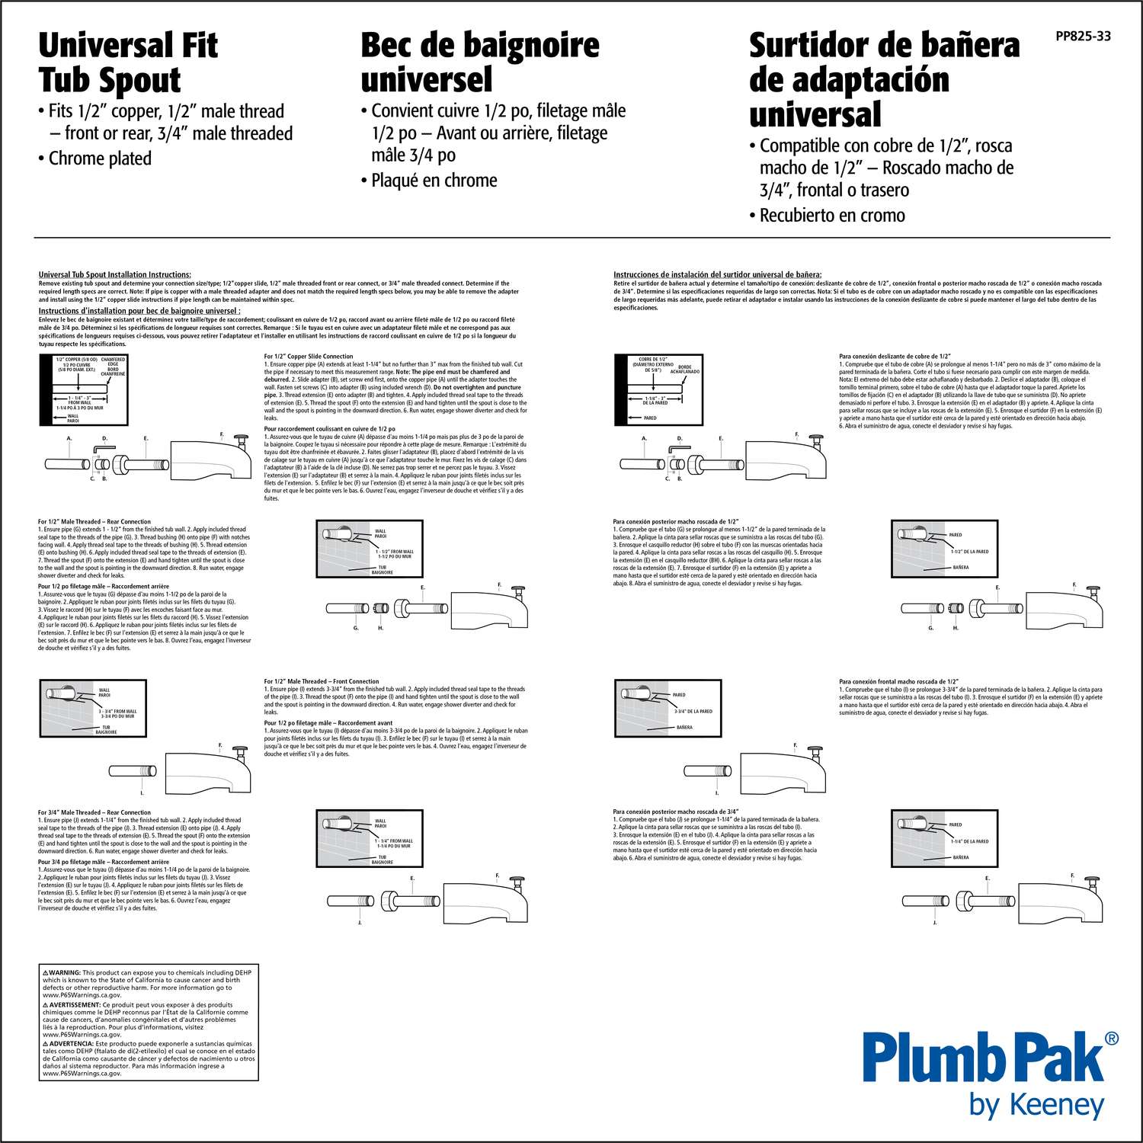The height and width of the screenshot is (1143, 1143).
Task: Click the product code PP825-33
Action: pos(1082,36)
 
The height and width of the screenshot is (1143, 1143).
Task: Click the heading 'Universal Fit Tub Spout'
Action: pos(127,62)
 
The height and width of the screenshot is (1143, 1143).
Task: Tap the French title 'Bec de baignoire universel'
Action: pos(479,62)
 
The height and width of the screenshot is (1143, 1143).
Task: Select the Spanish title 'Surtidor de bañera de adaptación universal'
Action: pos(883,79)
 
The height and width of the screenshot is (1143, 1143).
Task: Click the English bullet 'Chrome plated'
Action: pos(100,158)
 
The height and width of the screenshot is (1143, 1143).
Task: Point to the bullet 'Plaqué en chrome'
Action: pos(434,181)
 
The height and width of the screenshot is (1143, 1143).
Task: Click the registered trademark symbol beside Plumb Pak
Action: pos(1112,1038)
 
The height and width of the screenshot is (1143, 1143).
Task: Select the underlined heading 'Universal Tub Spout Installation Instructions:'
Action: pos(115,274)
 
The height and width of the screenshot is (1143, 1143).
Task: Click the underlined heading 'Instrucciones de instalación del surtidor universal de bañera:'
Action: pos(717,274)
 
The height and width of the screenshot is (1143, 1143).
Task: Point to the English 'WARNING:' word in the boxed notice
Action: pos(65,973)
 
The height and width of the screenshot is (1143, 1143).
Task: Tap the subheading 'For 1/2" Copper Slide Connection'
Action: pos(309,356)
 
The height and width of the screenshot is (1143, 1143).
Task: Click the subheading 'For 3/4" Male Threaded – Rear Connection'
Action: pos(94,812)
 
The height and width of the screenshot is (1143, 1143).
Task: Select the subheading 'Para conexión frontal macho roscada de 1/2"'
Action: pos(898,681)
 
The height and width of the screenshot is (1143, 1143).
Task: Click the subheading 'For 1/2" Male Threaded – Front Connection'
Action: pos(322,681)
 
